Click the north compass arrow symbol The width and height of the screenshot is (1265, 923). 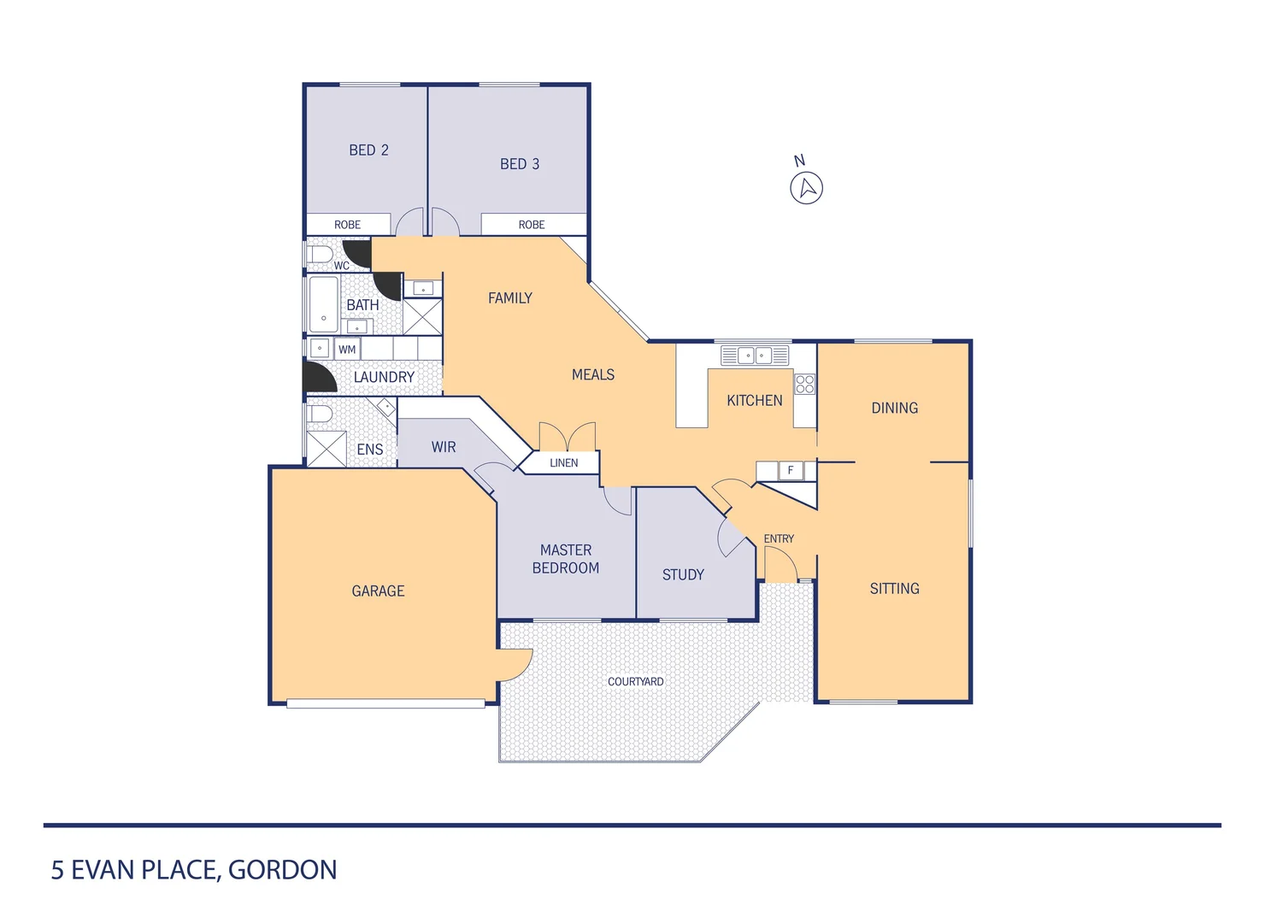pyautogui.click(x=806, y=187)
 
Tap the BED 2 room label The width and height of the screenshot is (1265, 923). pyautogui.click(x=368, y=150)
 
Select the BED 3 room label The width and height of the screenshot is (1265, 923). pyautogui.click(x=520, y=164)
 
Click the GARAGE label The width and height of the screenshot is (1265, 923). pyautogui.click(x=378, y=591)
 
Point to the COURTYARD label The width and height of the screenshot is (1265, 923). pyautogui.click(x=635, y=681)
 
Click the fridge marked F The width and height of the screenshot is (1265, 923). pyautogui.click(x=791, y=470)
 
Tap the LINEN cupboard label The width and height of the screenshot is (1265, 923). pyautogui.click(x=563, y=462)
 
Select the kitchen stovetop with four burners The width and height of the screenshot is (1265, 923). pyautogui.click(x=805, y=384)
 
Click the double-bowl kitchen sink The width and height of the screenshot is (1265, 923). pyautogui.click(x=754, y=355)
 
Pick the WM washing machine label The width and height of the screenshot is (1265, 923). pyautogui.click(x=347, y=350)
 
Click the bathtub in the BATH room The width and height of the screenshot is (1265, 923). pyautogui.click(x=323, y=303)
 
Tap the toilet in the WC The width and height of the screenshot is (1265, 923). pyautogui.click(x=321, y=254)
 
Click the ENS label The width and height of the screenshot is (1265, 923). pyautogui.click(x=370, y=450)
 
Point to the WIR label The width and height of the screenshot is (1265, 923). pyautogui.click(x=444, y=447)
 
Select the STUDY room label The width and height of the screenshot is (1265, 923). pyautogui.click(x=683, y=574)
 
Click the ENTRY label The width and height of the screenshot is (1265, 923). pyautogui.click(x=779, y=538)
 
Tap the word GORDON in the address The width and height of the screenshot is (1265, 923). pyautogui.click(x=282, y=870)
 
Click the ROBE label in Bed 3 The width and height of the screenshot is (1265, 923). pyautogui.click(x=531, y=225)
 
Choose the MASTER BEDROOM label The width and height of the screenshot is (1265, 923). pyautogui.click(x=566, y=559)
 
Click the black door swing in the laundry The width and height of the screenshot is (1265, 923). pyautogui.click(x=318, y=378)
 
